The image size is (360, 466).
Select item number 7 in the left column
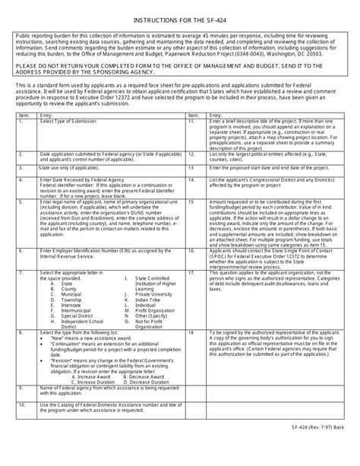26,271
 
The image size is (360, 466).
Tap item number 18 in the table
193,331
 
